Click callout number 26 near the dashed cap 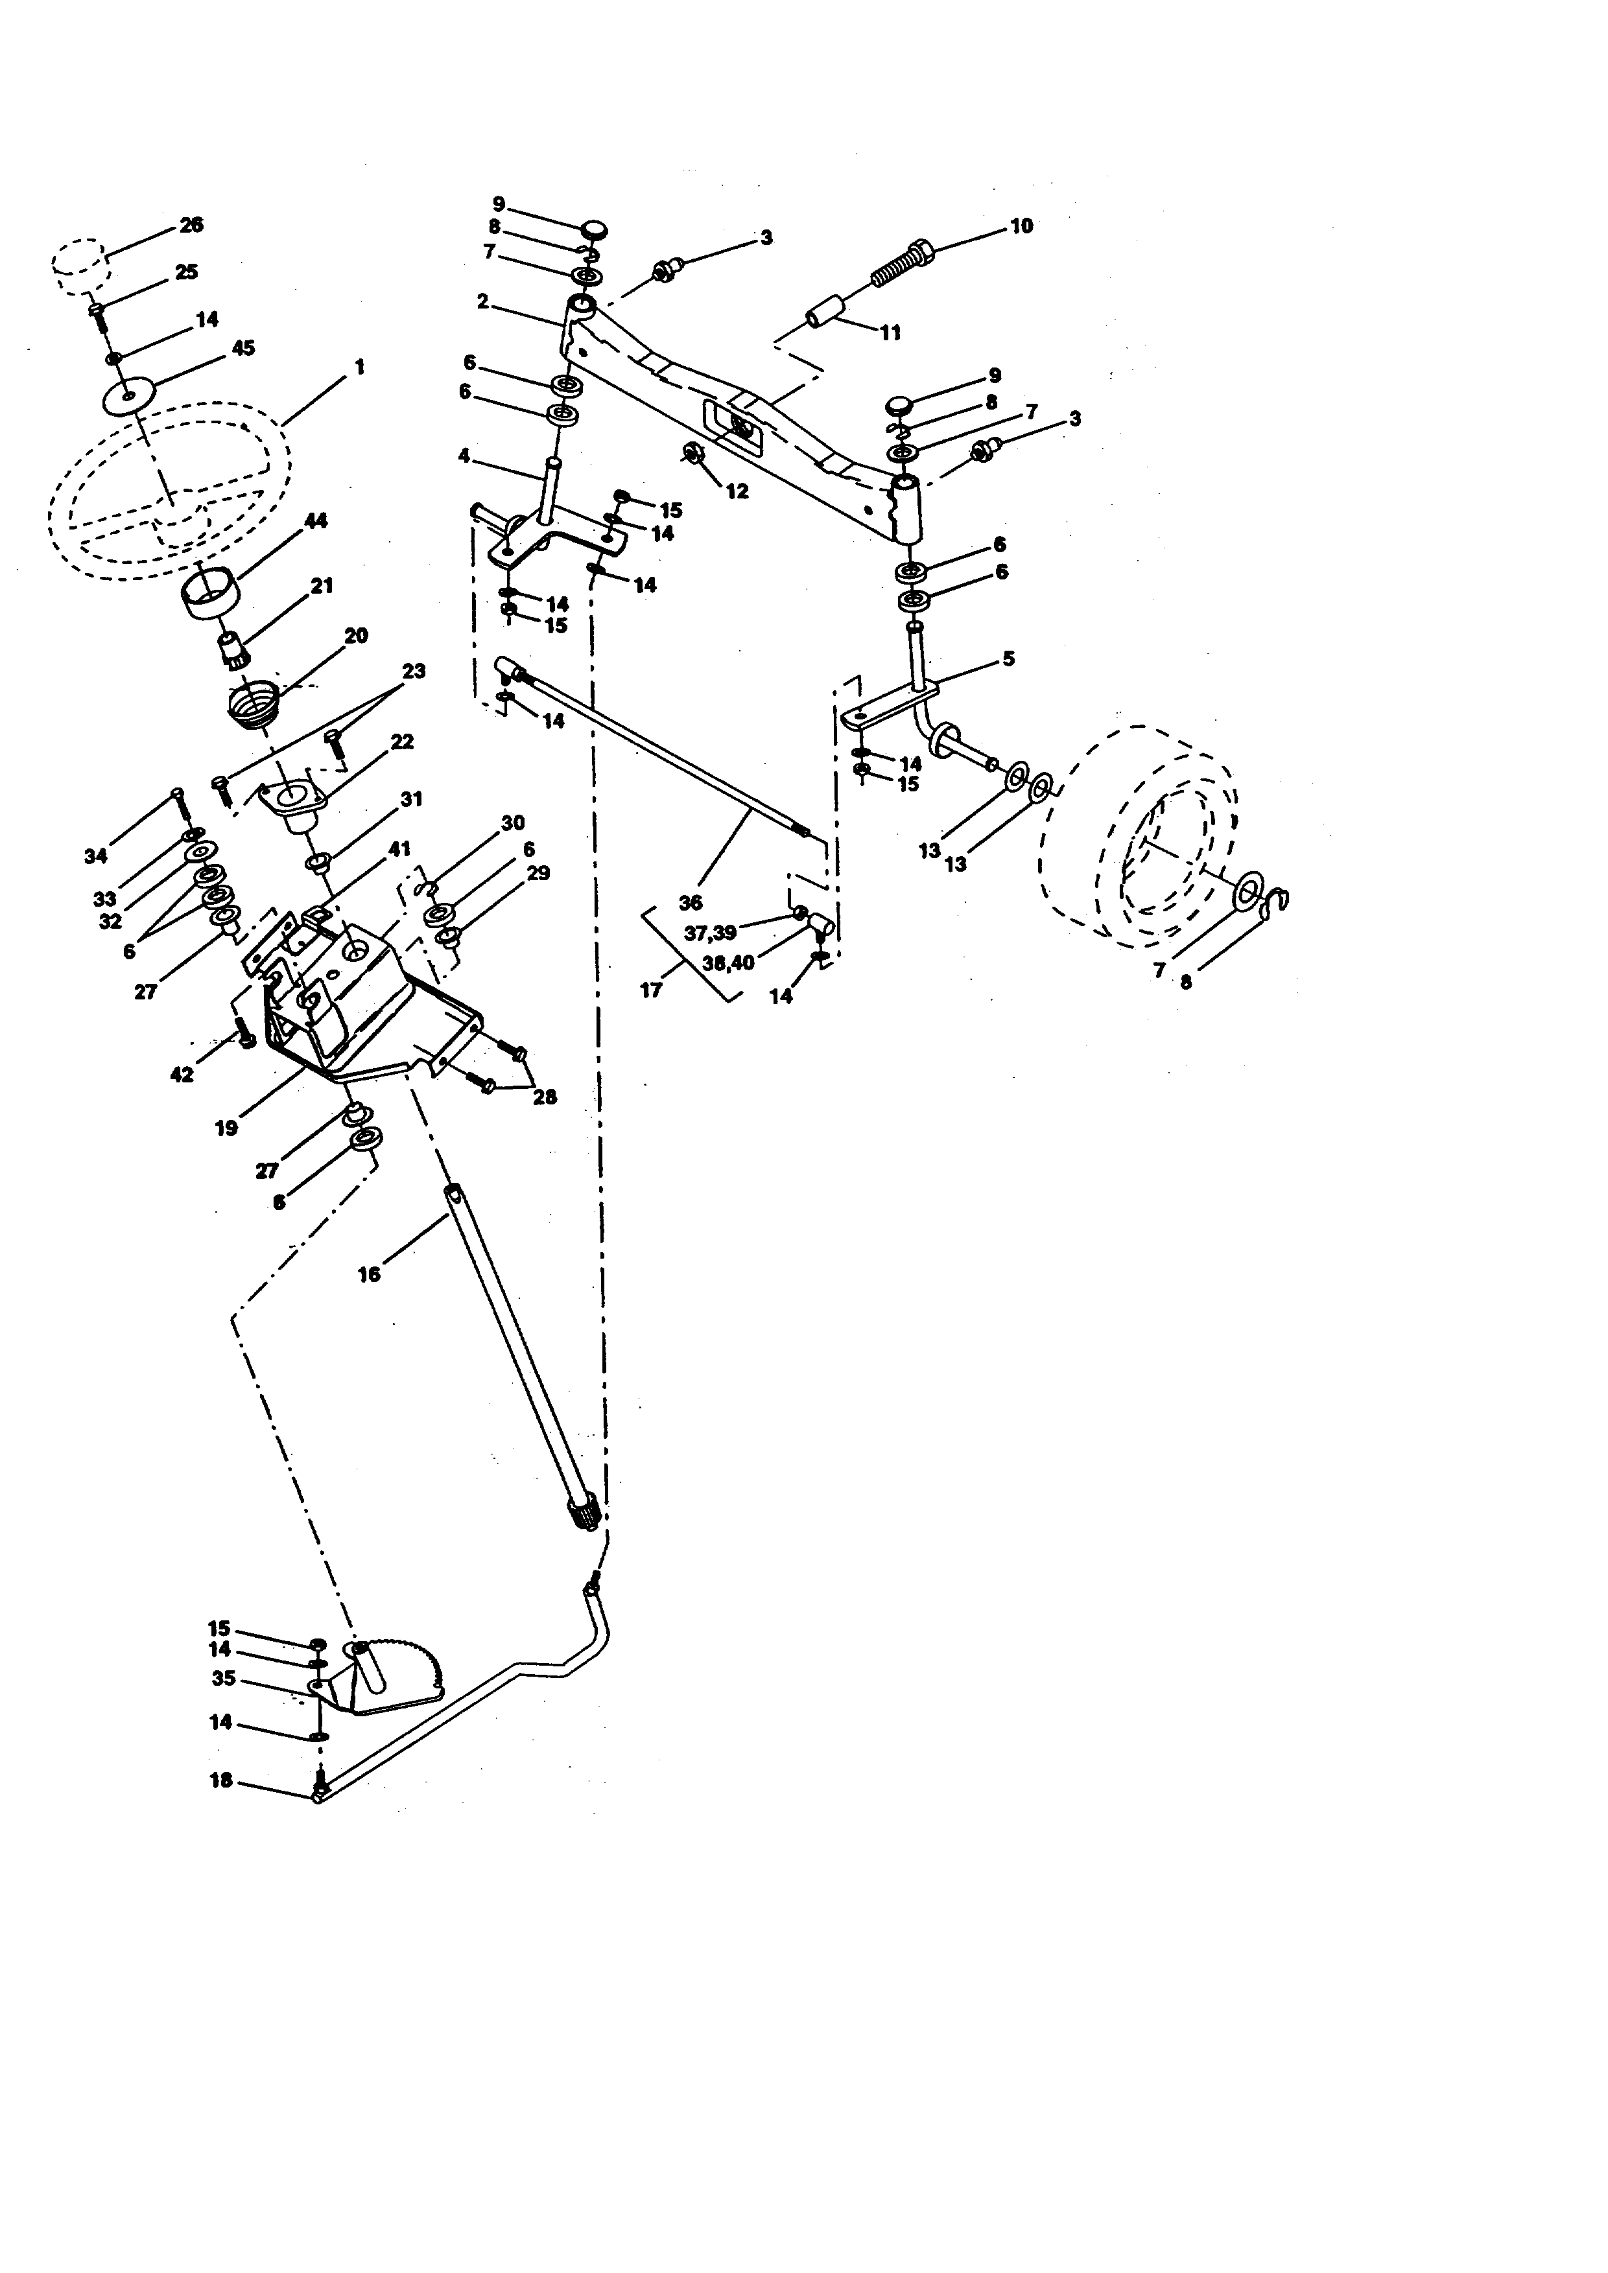point(191,225)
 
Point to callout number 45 point(242,349)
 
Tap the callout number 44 point(316,520)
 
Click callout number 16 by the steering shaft point(368,1274)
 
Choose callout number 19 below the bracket point(226,1128)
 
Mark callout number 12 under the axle point(738,491)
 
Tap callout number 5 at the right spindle point(1008,659)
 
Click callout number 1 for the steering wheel point(359,367)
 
